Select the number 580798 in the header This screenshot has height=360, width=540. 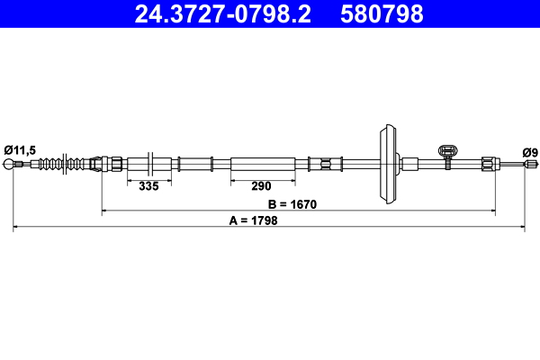(x=381, y=13)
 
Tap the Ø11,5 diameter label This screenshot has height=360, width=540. (x=19, y=150)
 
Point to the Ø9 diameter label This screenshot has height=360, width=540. (x=529, y=152)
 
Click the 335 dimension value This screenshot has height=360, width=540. (x=148, y=186)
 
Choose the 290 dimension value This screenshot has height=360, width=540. (x=261, y=186)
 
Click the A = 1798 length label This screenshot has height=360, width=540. (x=253, y=220)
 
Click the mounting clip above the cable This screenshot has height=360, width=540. (x=445, y=154)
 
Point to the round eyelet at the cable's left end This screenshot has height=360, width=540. (x=11, y=164)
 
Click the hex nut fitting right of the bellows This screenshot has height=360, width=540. (x=114, y=164)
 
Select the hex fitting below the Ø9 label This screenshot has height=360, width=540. (x=487, y=164)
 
